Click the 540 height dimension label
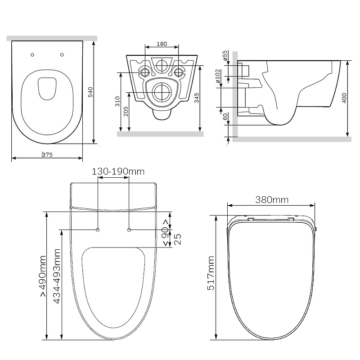coord(90,92)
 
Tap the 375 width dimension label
coord(47,155)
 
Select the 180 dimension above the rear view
coord(162,44)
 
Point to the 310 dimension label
coord(117,101)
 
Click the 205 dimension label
coord(126,111)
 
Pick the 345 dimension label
coord(197,98)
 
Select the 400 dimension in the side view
coord(344,98)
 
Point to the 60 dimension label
coord(225,117)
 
